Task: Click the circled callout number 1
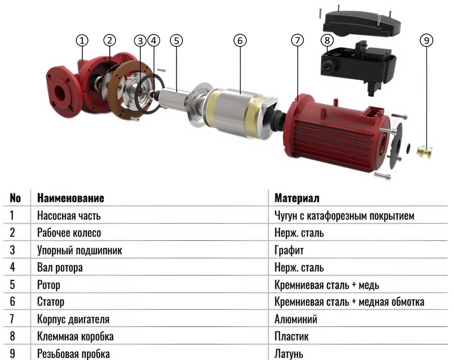tap(82, 41)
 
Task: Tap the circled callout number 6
tap(240, 41)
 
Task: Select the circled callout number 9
tap(426, 41)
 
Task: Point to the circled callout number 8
tap(327, 41)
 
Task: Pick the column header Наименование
tap(71, 198)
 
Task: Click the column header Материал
tap(297, 198)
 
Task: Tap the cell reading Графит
tap(289, 250)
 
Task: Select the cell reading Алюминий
tap(295, 319)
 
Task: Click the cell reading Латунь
tap(288, 354)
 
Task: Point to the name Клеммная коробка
tap(75, 337)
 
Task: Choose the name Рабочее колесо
tap(69, 233)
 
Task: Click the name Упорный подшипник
tap(80, 250)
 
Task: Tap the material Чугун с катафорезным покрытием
tap(344, 216)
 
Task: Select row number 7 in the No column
tap(12, 319)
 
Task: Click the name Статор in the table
tap(51, 302)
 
